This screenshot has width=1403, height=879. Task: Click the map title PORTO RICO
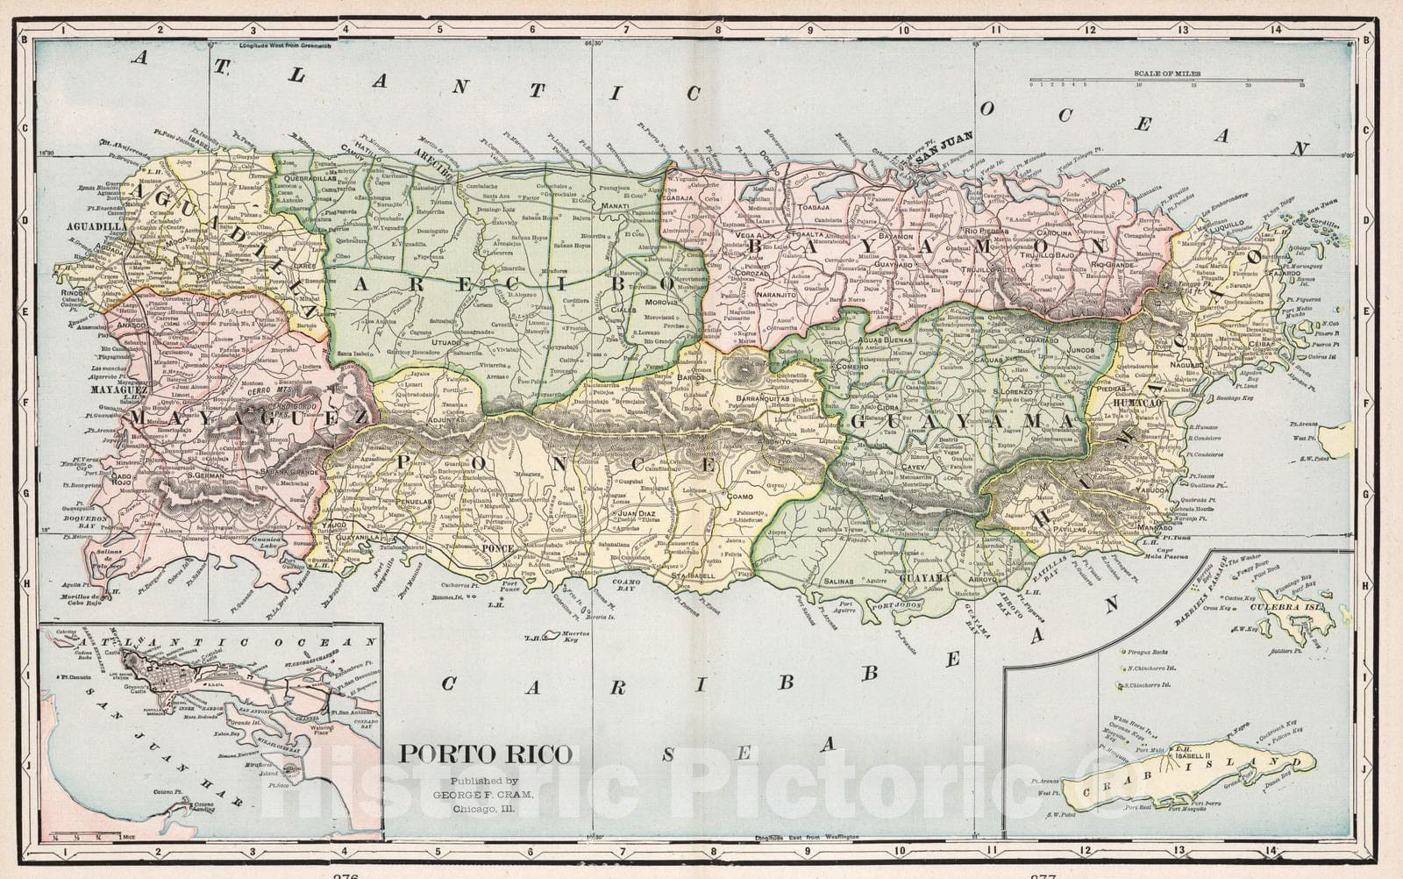[x=485, y=754]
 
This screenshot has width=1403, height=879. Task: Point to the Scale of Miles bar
[x=1166, y=82]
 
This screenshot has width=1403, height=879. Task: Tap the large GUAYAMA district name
[x=960, y=421]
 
